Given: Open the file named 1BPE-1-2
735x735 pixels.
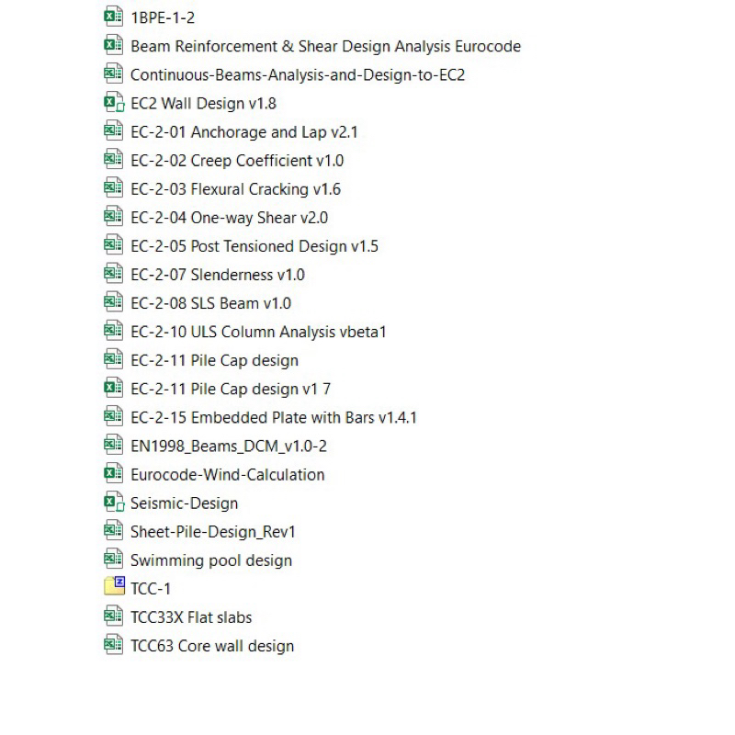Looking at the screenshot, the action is [162, 17].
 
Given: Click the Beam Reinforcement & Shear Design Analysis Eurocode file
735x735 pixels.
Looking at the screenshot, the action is [325, 46].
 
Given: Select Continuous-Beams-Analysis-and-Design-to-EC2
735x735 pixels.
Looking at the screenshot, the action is [298, 74].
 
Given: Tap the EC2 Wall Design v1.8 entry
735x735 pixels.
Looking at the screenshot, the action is [203, 103].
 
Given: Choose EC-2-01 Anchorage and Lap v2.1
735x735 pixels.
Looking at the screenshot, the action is [243, 131].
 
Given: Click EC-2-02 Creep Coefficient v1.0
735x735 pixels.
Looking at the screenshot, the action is [237, 161].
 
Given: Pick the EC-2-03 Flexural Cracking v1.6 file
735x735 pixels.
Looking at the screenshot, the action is [235, 189].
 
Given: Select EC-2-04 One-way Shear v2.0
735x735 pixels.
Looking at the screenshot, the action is [229, 218].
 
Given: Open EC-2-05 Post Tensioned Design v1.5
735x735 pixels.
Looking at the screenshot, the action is [254, 246].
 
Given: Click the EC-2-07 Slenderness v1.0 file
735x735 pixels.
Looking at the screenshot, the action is [217, 275].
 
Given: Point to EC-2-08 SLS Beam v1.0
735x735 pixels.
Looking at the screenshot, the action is [210, 303].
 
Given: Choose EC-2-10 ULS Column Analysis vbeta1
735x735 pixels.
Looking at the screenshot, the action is [258, 332].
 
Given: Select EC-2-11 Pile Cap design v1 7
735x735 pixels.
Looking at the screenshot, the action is [231, 390].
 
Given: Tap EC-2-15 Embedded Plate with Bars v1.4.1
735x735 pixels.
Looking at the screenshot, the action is [274, 418].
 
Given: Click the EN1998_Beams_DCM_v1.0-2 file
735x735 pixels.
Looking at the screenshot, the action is [229, 447].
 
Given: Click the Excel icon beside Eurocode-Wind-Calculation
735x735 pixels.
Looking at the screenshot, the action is [113, 474].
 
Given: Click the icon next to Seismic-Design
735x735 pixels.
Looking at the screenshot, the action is [113, 503].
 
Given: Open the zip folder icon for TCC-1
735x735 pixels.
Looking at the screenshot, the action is [113, 588].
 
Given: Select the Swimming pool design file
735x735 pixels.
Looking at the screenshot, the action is [211, 560].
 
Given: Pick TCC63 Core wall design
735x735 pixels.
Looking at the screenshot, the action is [212, 646].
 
